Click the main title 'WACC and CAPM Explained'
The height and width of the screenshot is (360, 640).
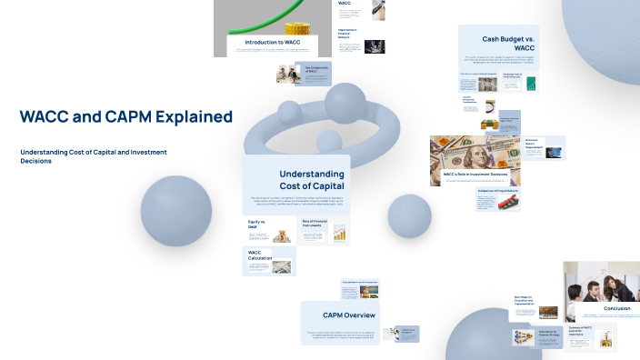126,116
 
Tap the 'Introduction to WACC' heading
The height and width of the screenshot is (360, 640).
273,43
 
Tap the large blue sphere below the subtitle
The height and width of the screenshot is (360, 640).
175,211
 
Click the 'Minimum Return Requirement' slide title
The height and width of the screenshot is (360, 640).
533,143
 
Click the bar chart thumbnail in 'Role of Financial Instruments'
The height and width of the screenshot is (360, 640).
340,234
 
